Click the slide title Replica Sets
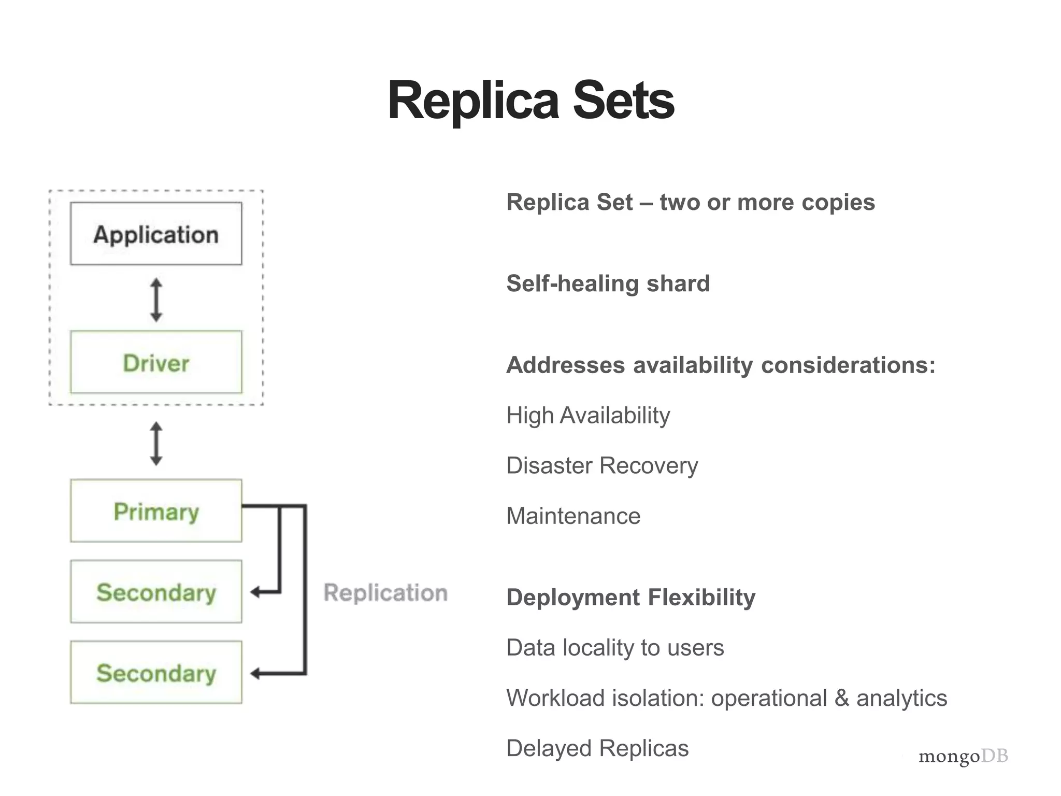click(530, 101)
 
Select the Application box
click(156, 234)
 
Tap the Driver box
click(156, 362)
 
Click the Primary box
click(156, 511)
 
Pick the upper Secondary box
click(156, 592)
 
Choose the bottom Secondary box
click(156, 673)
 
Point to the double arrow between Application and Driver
click(156, 300)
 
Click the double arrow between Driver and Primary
click(156, 443)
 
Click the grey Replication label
click(385, 592)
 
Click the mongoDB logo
click(963, 756)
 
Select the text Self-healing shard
click(608, 283)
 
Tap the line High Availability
click(588, 416)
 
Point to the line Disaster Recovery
click(602, 465)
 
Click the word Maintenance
click(573, 516)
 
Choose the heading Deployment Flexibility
click(630, 598)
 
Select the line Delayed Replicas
click(597, 748)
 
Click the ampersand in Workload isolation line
click(842, 698)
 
